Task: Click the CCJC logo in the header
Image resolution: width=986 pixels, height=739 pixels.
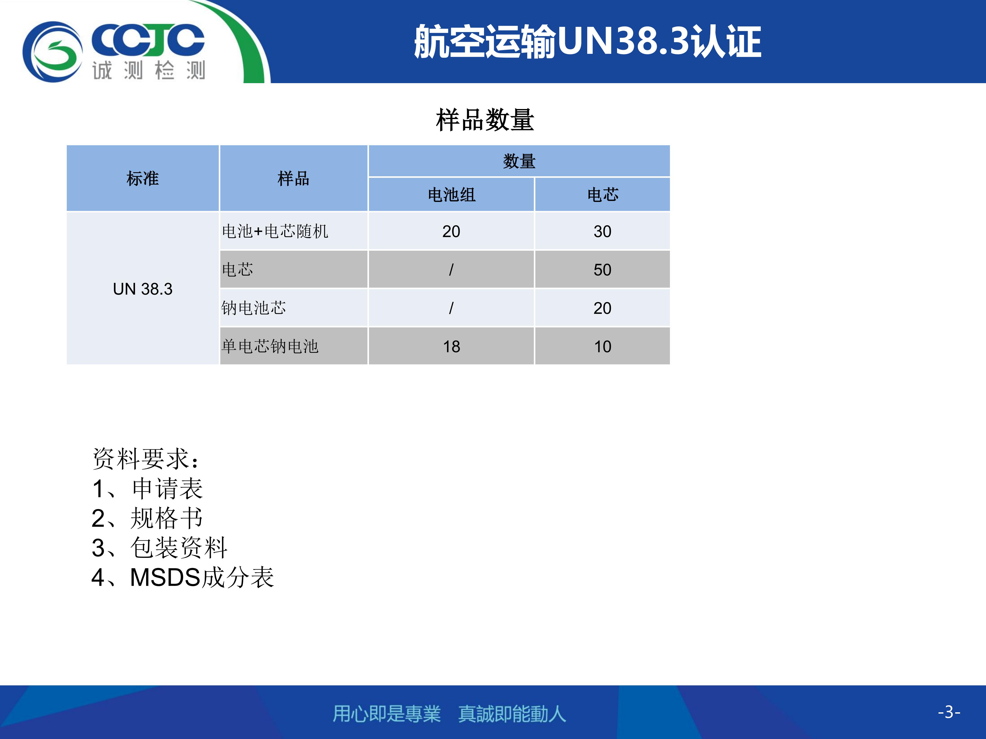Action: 114,52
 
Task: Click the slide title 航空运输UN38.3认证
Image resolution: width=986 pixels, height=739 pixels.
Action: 587,41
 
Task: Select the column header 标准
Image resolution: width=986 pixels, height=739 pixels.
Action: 143,178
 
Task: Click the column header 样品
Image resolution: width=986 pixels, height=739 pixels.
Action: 293,178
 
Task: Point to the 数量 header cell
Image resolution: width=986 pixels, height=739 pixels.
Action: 519,161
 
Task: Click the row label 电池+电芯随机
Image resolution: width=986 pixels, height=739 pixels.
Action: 275,231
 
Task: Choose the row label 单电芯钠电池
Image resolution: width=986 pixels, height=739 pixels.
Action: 270,346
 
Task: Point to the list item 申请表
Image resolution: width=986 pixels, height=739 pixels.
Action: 168,489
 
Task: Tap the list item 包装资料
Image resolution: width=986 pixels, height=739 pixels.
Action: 179,548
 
